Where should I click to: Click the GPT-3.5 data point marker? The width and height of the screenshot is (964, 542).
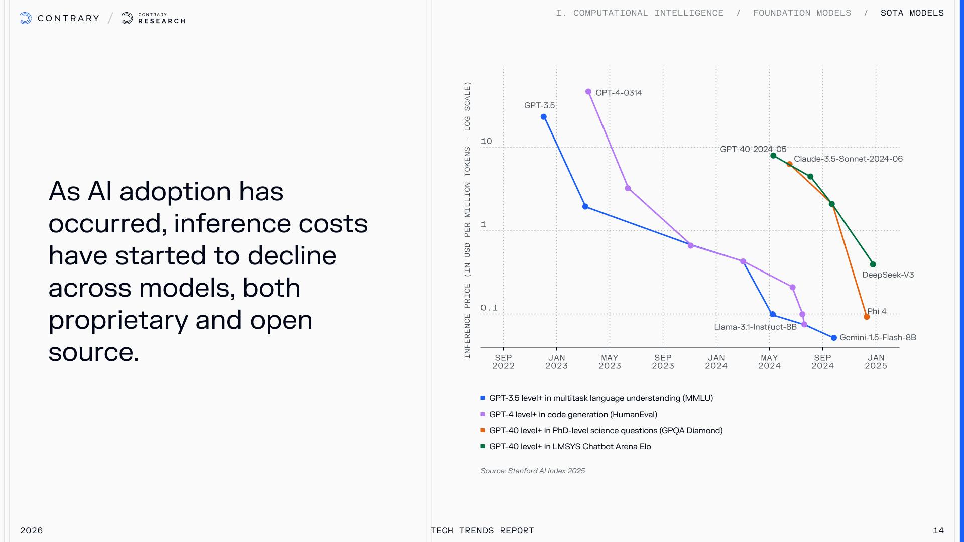543,117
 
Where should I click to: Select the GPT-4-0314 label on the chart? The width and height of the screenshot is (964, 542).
619,93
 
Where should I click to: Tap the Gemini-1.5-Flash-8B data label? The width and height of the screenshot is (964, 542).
878,338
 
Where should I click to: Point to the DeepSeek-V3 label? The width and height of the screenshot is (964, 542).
888,275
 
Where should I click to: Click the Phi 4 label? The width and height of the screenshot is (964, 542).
877,311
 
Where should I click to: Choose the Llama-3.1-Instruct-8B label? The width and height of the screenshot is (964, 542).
755,327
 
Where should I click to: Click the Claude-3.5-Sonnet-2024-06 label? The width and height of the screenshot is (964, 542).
848,159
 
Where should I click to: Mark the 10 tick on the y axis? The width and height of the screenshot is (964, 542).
486,141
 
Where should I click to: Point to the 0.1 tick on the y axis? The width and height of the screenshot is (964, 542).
489,308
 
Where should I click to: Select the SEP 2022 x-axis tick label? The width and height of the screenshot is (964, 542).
503,362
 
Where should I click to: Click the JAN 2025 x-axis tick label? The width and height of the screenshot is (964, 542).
876,362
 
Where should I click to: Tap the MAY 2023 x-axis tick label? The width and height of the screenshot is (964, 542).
610,362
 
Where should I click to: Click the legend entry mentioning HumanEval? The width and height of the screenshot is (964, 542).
573,415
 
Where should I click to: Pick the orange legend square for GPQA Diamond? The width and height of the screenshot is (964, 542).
483,430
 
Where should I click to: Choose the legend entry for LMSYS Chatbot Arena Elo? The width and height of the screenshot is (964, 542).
570,447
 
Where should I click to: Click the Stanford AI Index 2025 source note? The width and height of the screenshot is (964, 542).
533,471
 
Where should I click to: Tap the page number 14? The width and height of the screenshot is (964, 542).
938,530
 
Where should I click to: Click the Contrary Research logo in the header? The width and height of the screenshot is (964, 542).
154,19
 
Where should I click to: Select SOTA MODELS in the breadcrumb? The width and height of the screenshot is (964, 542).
912,13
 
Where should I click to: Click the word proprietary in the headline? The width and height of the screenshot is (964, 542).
118,320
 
